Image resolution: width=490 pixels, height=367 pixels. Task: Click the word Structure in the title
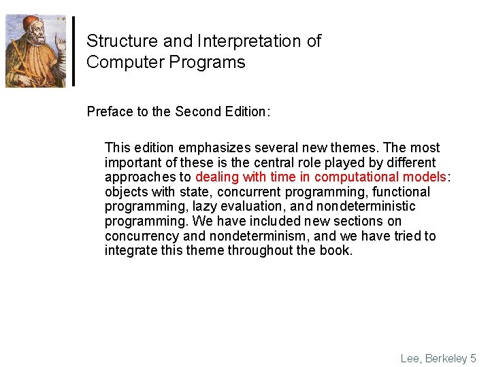122,41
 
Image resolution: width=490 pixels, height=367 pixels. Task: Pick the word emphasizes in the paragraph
214,148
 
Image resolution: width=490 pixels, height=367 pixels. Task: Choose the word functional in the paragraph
401,192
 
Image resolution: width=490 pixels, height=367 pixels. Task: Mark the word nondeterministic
366,207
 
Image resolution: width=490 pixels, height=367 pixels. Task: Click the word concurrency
142,237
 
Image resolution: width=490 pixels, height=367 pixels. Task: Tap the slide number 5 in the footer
473,358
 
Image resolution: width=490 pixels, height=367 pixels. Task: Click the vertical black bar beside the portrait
73,51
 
